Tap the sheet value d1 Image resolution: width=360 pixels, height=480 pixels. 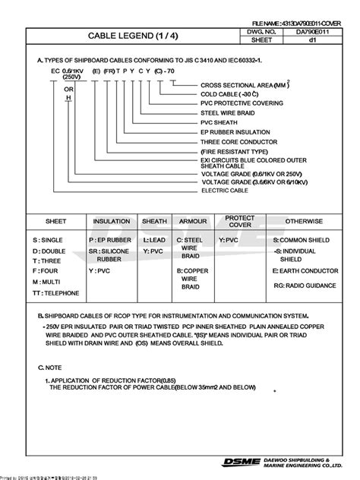click(x=311, y=43)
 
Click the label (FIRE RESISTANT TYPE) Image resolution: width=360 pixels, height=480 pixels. click(x=233, y=150)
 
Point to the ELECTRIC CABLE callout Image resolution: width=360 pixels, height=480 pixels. click(x=226, y=192)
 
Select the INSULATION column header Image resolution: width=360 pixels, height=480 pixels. click(x=112, y=221)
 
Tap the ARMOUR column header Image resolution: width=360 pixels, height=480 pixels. click(x=193, y=221)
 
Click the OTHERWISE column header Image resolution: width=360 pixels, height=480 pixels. click(x=304, y=221)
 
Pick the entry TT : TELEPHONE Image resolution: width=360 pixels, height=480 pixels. click(x=56, y=292)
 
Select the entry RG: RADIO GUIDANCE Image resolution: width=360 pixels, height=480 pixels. click(x=305, y=286)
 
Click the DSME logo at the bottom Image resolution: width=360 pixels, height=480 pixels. click(x=239, y=462)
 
